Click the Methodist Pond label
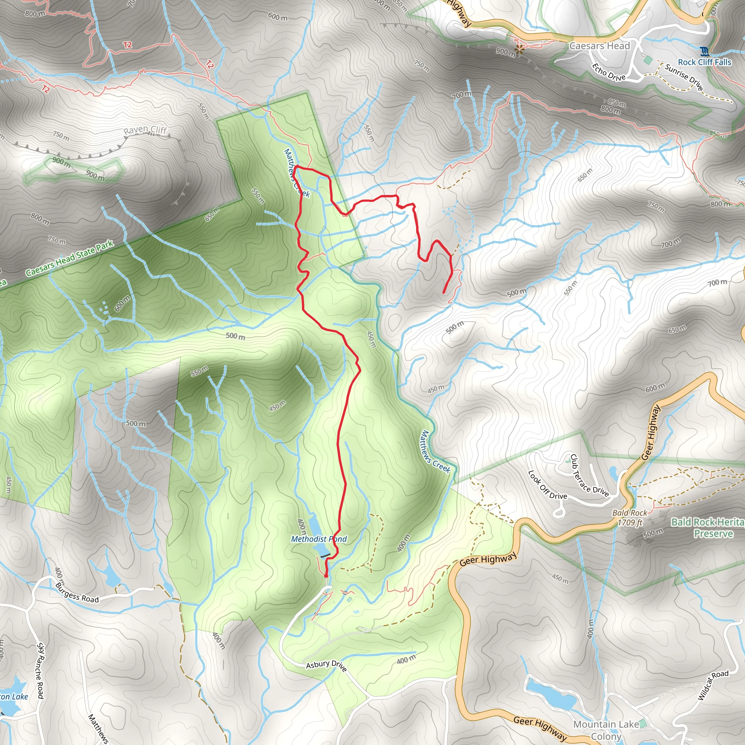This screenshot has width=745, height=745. tap(319, 539)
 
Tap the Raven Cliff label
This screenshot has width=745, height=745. tap(146, 130)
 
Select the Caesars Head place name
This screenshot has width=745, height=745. tap(599, 46)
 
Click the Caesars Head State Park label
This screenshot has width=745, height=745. tap(70, 258)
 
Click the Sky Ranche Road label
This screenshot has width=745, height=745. tap(40, 671)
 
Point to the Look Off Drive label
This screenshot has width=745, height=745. tap(547, 485)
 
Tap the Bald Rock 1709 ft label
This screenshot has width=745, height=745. tap(630, 518)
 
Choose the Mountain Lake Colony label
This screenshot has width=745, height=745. tap(606, 730)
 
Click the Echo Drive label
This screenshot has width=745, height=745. tap(609, 72)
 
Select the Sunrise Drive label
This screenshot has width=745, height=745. tap(684, 77)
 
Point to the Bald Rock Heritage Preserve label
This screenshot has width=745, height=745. tap(708, 527)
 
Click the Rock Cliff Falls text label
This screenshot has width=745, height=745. tap(705, 63)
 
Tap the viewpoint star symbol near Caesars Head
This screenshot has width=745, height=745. tap(519, 49)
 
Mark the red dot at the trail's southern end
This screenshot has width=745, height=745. tap(326, 576)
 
